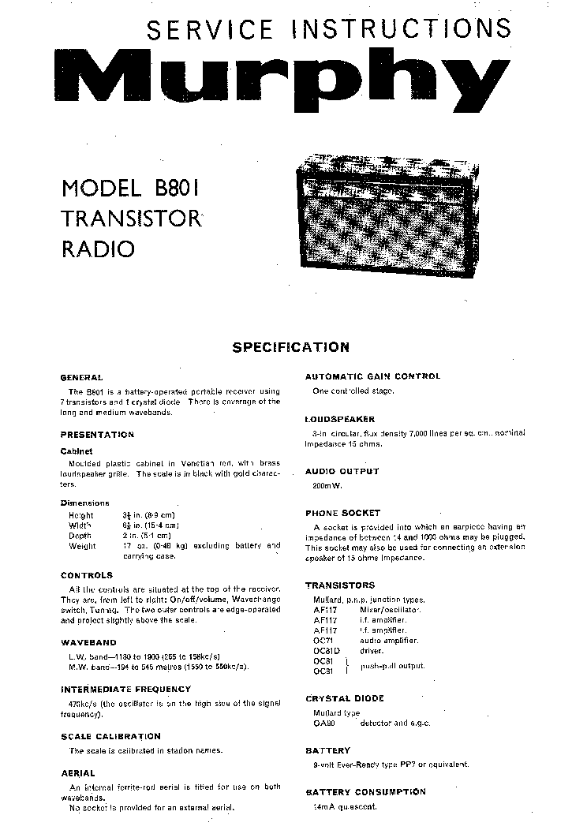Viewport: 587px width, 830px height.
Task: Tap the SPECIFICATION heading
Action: coord(290,347)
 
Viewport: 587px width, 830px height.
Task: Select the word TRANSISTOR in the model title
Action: coord(131,219)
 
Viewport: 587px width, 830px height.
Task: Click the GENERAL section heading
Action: coord(81,378)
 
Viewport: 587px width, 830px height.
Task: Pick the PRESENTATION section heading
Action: coord(97,435)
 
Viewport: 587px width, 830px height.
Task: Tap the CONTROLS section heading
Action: coord(87,576)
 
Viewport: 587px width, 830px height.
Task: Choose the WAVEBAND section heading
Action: coord(88,643)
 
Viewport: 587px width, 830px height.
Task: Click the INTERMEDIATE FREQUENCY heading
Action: coord(125,690)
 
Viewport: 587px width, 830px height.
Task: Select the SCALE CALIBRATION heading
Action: coord(110,737)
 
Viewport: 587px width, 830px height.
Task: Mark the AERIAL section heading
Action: coord(77,774)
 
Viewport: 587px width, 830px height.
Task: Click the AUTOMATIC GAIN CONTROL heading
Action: coord(372,377)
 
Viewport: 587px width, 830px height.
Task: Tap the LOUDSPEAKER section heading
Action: coord(340,420)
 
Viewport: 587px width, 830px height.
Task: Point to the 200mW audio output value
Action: coord(327,486)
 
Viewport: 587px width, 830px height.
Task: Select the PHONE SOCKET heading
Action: coord(342,513)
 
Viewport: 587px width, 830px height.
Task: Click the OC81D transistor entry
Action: coord(327,651)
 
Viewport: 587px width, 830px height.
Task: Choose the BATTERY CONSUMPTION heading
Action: coord(365,792)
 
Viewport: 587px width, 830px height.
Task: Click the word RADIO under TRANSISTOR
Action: coord(98,250)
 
